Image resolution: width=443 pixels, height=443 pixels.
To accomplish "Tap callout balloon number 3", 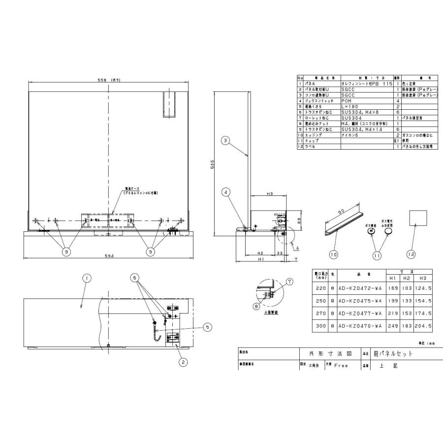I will tap(225, 141).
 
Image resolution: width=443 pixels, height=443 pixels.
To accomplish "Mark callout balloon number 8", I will tap(255, 306).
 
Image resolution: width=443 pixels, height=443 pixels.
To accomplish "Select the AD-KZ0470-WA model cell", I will tap(361, 326).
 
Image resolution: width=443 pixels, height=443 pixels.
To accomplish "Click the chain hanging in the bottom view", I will tap(157, 331).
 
